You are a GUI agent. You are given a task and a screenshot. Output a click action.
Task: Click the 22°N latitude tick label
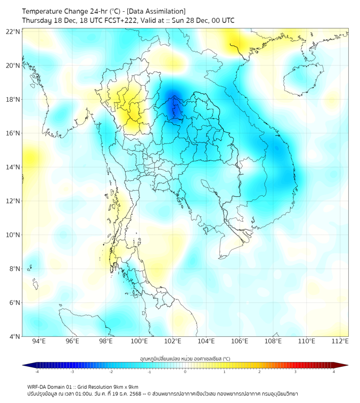click(13, 31)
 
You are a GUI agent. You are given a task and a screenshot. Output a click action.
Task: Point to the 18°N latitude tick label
click(13, 100)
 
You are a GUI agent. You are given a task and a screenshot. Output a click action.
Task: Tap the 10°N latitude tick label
click(13, 235)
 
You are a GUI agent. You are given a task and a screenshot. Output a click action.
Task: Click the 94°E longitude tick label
click(39, 341)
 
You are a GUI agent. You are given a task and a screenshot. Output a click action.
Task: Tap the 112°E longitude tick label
click(340, 341)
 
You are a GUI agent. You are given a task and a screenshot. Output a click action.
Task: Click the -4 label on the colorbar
click(37, 372)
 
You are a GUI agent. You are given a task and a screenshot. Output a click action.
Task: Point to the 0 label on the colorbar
click(185, 372)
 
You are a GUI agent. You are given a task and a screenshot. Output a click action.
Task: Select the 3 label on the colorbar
click(297, 372)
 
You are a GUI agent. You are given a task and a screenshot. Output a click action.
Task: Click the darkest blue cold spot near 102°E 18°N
click(171, 107)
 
